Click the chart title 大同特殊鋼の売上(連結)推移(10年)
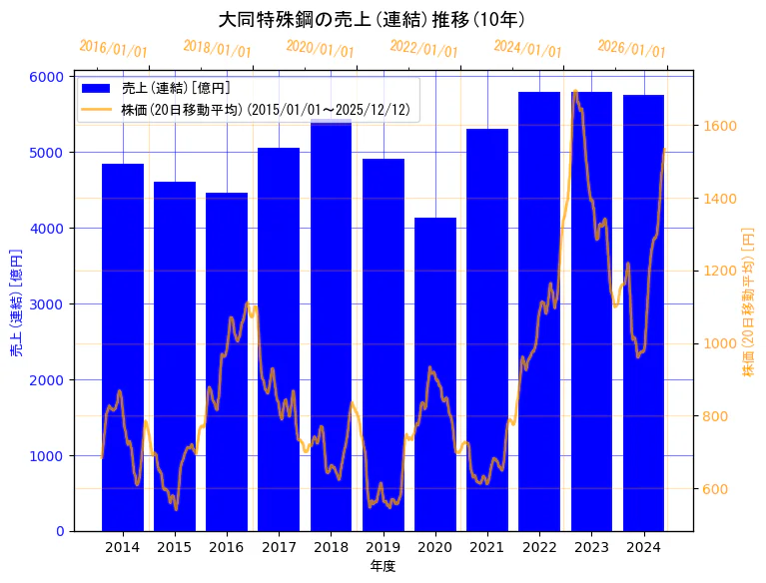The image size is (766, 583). [372, 19]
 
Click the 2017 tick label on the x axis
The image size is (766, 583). [279, 547]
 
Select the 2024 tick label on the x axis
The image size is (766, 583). [643, 547]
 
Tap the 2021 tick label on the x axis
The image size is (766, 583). [487, 547]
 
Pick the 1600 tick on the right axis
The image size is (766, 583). [718, 126]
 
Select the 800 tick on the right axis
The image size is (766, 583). [714, 416]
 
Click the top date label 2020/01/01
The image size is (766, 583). [320, 48]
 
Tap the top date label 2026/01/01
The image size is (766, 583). [631, 48]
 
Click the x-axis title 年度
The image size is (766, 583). [383, 566]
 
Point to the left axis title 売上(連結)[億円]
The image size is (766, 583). [16, 303]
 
